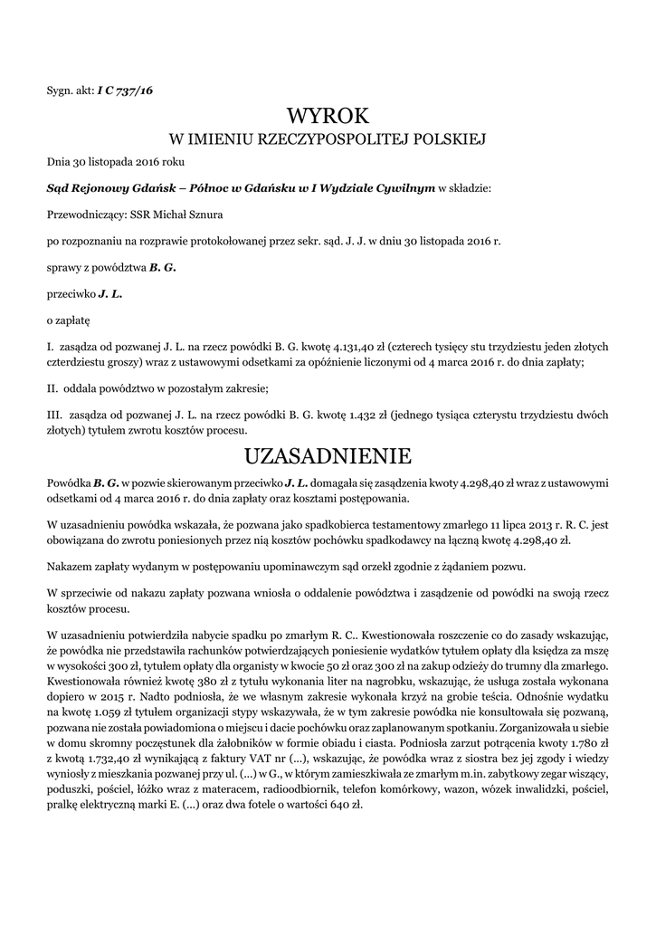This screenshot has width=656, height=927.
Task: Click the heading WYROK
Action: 328,117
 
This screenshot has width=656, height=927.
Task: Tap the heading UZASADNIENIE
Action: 328,453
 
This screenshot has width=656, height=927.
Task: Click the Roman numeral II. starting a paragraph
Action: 52,388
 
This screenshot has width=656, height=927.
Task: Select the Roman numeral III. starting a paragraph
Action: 52,414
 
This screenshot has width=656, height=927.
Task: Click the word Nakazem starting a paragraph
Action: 71,566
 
